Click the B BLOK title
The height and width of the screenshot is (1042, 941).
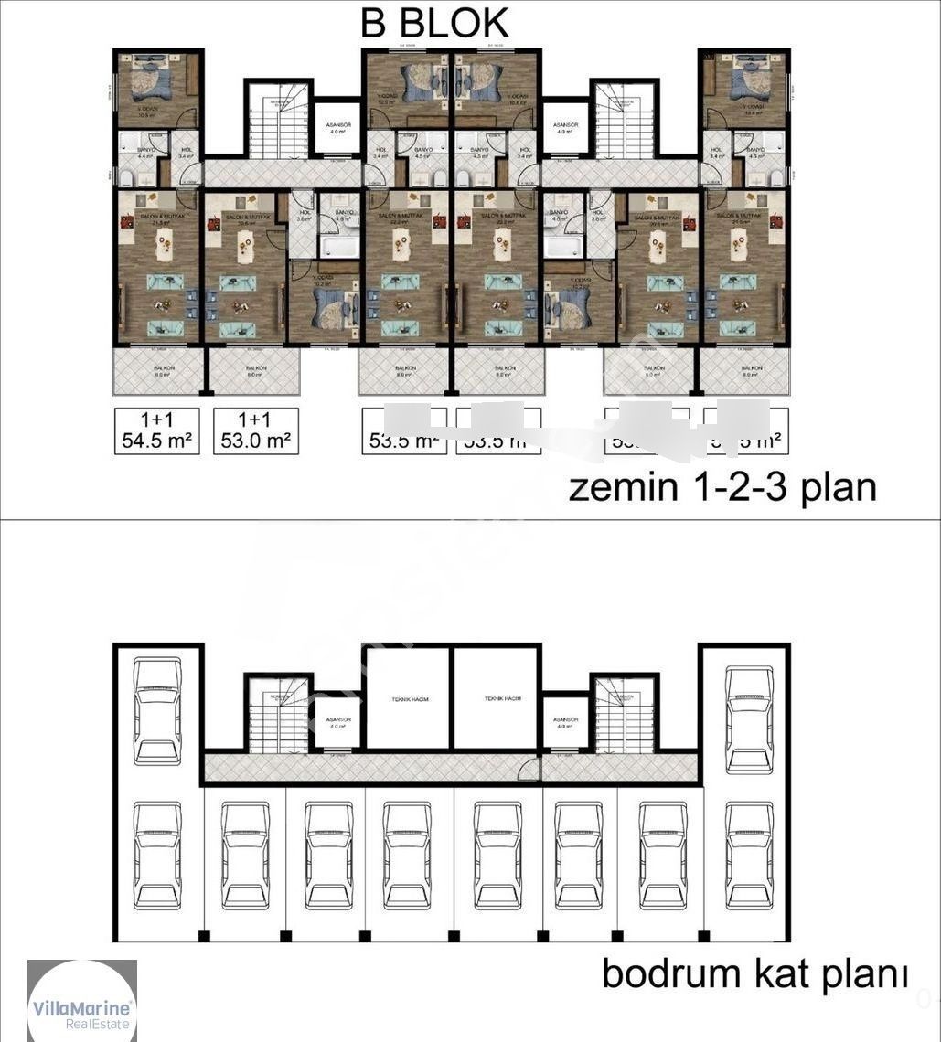[434, 23]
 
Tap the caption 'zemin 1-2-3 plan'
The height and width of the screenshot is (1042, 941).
[722, 487]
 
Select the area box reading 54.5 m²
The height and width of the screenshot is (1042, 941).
[156, 431]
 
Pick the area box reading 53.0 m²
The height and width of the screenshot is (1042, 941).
[256, 431]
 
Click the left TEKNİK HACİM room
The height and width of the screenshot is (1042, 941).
[408, 698]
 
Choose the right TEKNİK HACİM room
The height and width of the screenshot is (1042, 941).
[497, 698]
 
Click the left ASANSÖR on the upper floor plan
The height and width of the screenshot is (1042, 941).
[338, 128]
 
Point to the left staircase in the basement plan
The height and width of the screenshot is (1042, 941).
[277, 713]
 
